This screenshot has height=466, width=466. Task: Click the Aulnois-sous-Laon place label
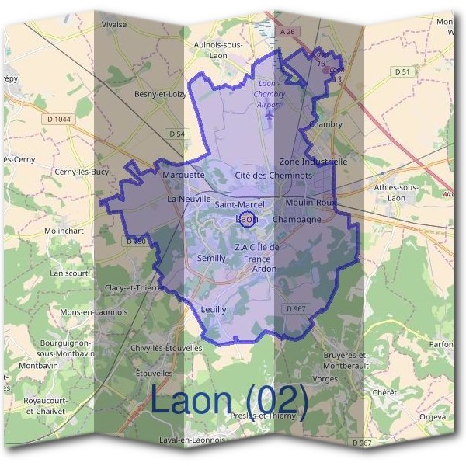coord(221,50)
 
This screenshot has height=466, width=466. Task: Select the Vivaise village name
coord(113,24)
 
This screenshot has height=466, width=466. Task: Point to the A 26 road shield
coord(288,32)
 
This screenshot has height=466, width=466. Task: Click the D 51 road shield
coord(401,71)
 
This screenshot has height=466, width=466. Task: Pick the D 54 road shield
coord(177,134)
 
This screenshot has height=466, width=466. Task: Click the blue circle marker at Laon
coord(246,220)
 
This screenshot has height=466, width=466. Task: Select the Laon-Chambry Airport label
coord(269,94)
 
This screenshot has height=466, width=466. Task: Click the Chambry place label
coord(325,124)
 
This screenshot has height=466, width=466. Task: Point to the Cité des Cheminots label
coord(273,176)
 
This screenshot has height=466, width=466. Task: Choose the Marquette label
coord(184,176)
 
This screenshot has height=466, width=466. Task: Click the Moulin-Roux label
coord(311,202)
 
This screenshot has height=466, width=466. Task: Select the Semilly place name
coord(211,258)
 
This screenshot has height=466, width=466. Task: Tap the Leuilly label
coord(214,309)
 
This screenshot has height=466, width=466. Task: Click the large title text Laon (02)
coord(229,401)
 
